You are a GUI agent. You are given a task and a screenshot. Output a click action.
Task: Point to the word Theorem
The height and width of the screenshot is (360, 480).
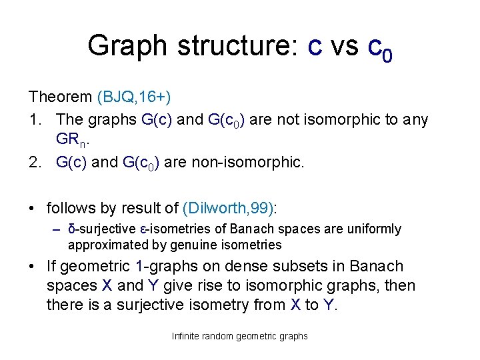coord(61,97)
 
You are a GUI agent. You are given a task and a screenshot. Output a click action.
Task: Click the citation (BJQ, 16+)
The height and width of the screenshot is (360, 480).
coord(134,97)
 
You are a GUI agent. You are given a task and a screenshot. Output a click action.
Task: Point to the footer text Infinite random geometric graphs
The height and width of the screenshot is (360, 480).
coord(240,336)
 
